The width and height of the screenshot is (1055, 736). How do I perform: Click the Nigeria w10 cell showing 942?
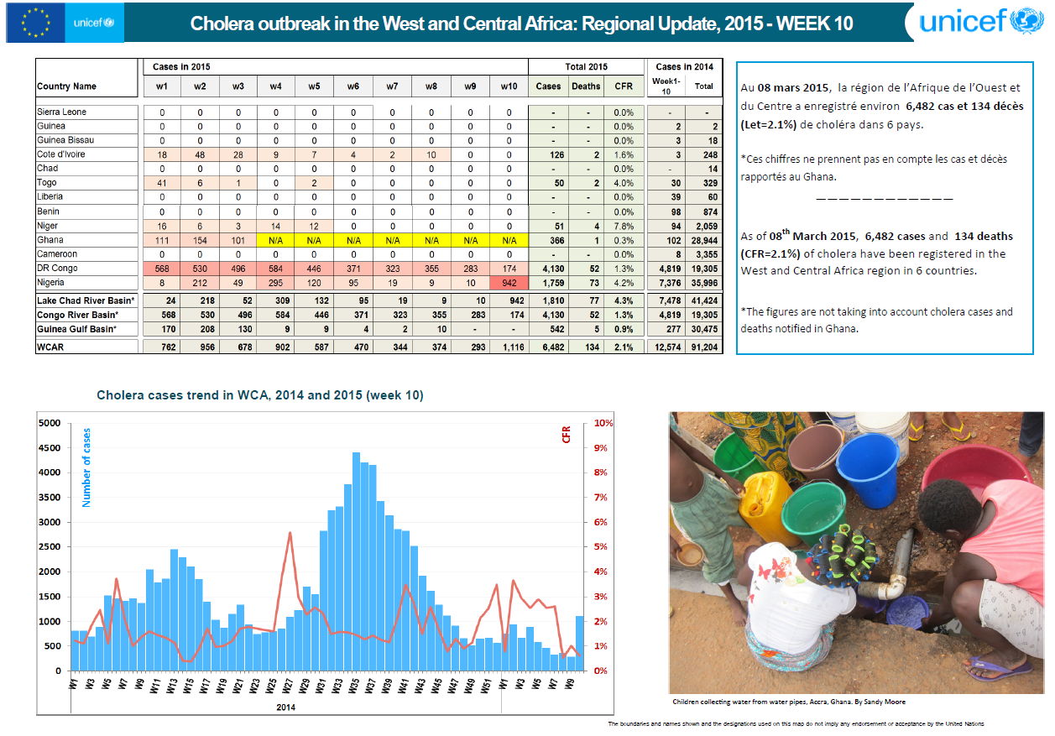(x=509, y=283)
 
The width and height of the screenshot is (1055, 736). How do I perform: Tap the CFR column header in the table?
(x=624, y=86)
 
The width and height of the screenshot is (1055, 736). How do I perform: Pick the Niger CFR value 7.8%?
(x=624, y=226)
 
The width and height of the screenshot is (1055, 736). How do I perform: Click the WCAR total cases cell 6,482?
(x=548, y=347)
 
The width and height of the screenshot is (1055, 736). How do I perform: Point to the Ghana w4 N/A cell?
(x=275, y=240)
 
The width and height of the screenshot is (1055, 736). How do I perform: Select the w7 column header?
(x=392, y=86)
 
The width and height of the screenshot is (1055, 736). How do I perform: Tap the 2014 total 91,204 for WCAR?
(x=703, y=347)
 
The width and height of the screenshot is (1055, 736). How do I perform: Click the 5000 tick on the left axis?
(x=50, y=423)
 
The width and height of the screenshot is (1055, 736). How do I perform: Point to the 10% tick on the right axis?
(x=603, y=423)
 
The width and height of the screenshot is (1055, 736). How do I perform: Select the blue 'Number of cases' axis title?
(x=86, y=467)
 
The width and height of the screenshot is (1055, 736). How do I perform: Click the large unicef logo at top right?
(x=979, y=21)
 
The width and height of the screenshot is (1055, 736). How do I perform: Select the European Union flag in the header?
(x=34, y=23)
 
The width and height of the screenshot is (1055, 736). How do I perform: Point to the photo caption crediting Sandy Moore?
(x=788, y=702)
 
